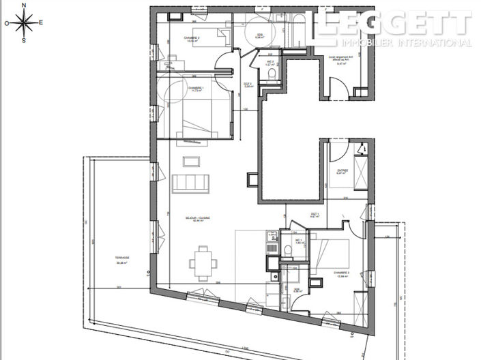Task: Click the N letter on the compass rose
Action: pyautogui.click(x=25, y=5)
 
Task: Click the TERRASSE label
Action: pyautogui.click(x=123, y=258)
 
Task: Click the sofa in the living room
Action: pyautogui.click(x=190, y=183)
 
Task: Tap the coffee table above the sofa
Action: pyautogui.click(x=191, y=162)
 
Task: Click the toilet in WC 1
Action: pyautogui.click(x=288, y=251)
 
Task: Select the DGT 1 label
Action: pyautogui.click(x=315, y=214)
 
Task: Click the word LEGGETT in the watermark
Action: pyautogui.click(x=392, y=24)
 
